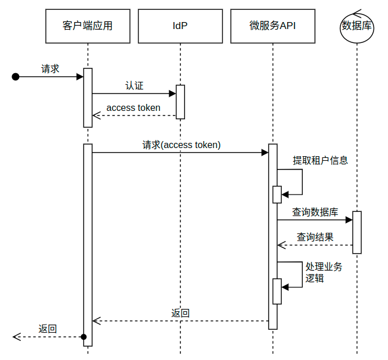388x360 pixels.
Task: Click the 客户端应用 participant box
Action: pos(88,26)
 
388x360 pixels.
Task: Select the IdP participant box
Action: pos(180,26)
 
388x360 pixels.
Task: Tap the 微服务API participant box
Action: pos(273,26)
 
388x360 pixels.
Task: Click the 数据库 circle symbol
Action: pos(357,28)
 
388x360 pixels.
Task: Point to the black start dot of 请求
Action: pos(16,77)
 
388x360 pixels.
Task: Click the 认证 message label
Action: pos(135,86)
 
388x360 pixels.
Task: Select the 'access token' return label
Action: pos(133,108)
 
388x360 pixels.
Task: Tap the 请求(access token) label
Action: pos(182,145)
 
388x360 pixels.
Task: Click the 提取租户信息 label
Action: pos(320,160)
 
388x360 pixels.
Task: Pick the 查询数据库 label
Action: pos(315,212)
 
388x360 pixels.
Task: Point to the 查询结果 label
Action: pos(315,237)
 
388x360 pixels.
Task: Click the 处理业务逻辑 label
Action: pos(324,272)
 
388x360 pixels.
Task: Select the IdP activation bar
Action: pos(180,102)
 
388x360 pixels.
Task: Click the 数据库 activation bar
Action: pos(357,232)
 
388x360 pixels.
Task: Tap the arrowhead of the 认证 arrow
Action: pos(172,93)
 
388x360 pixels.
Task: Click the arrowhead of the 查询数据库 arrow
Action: pos(349,219)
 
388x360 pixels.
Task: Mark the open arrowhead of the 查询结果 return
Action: pos(282,245)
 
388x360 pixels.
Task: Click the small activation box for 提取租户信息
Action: pos(277,195)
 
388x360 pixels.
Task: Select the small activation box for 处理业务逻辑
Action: pos(277,291)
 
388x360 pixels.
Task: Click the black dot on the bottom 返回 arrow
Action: pos(84,337)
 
